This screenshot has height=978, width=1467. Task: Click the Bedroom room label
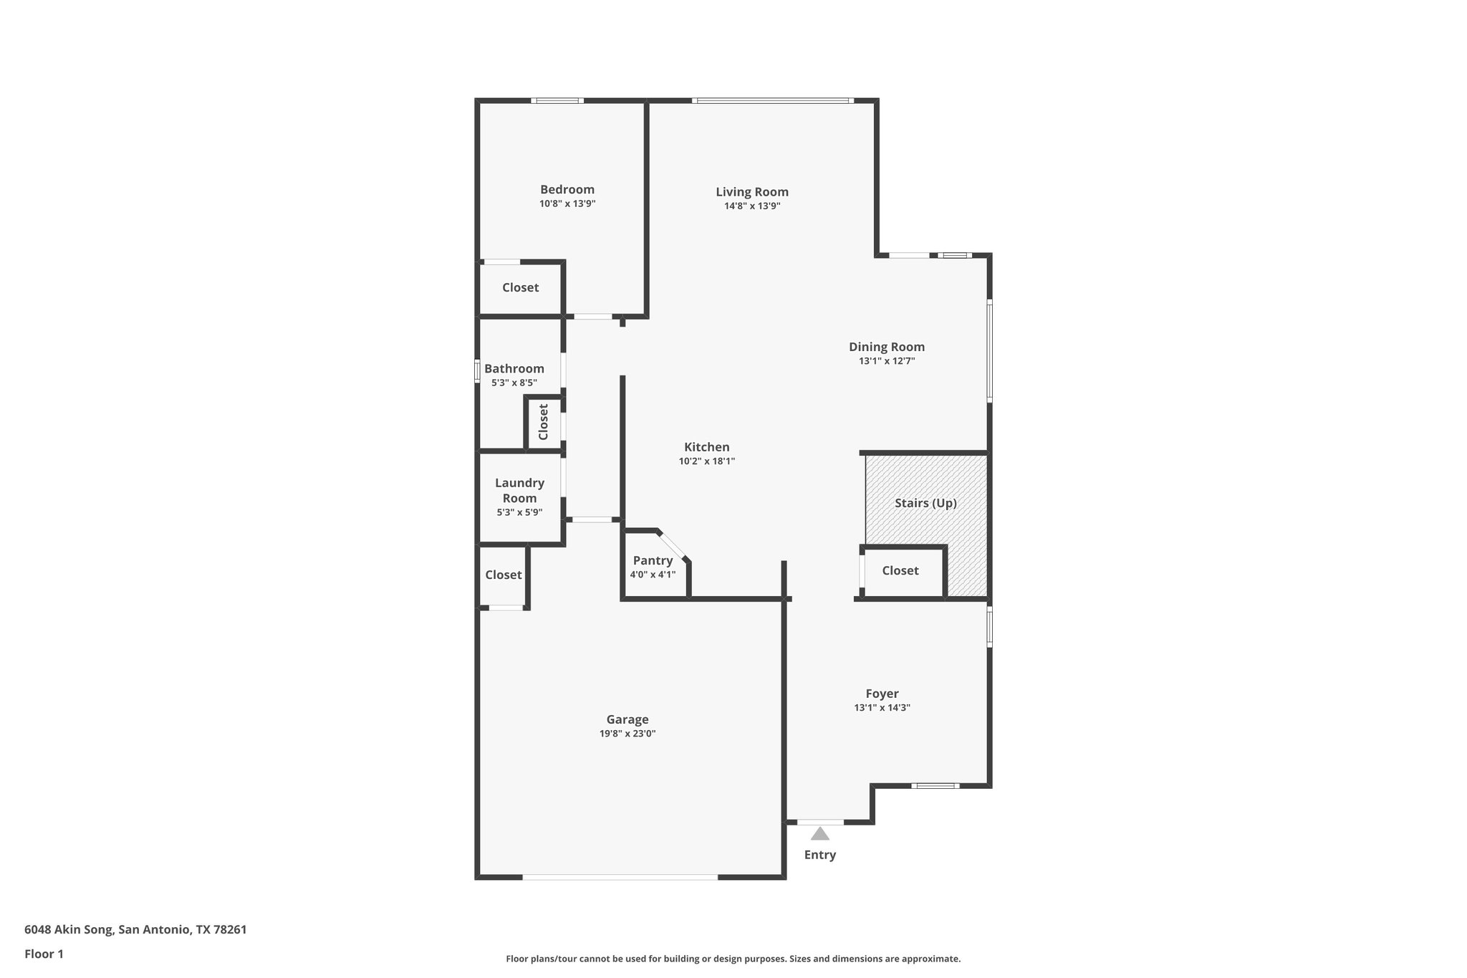click(x=567, y=190)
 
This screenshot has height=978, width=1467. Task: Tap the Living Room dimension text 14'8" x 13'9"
click(x=751, y=206)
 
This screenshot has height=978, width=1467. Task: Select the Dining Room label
click(x=886, y=347)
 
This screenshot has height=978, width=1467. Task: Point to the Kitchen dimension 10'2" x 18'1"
click(x=706, y=461)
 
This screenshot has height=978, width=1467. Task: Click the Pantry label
click(x=653, y=561)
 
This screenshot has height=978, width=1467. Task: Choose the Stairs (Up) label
click(x=925, y=503)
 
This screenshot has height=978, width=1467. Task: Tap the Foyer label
click(x=882, y=694)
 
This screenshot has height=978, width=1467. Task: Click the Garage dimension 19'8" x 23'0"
click(x=627, y=734)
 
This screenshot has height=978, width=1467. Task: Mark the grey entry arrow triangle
click(x=819, y=834)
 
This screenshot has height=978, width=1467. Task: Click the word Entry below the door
click(x=819, y=855)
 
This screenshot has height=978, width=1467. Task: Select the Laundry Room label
click(x=519, y=491)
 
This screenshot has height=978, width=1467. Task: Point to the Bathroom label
click(x=514, y=369)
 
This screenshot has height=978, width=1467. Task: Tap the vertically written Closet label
click(x=543, y=422)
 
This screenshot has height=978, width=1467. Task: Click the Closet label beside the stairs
click(x=900, y=571)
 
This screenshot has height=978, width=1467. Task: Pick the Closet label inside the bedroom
click(x=520, y=288)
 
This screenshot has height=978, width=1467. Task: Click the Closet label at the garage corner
click(x=503, y=575)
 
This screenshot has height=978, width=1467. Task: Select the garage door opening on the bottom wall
click(x=620, y=877)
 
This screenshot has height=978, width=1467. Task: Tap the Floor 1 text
click(x=44, y=954)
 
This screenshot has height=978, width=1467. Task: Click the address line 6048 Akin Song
click(x=135, y=929)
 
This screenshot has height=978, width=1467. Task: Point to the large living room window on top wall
click(x=773, y=101)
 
